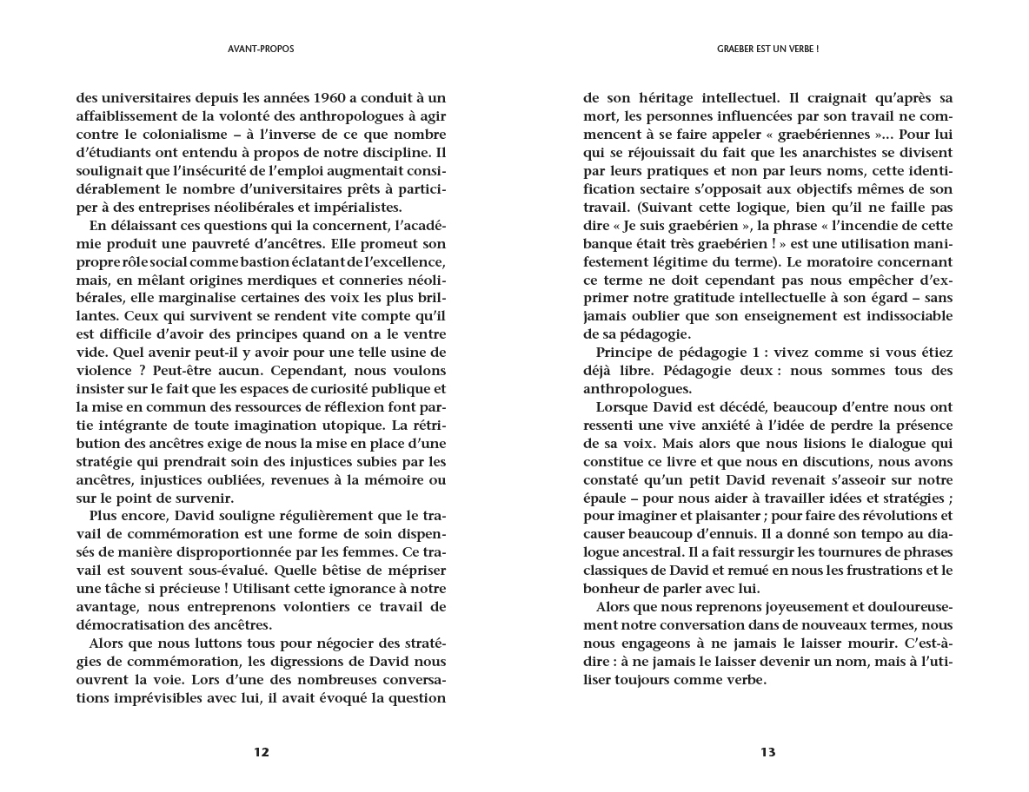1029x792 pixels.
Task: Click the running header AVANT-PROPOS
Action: click(x=255, y=49)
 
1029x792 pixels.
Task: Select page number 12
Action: click(x=262, y=752)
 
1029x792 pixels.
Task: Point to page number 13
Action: click(x=767, y=752)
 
